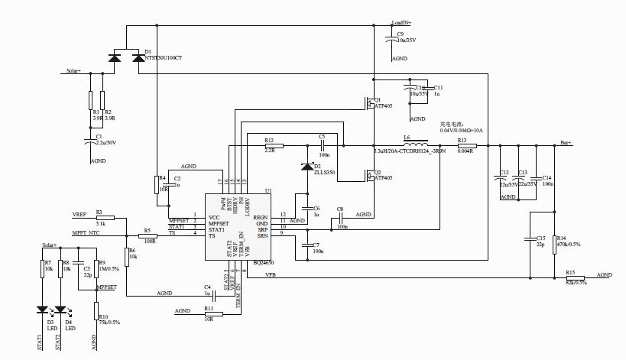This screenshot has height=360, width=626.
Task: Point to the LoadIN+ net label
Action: pyautogui.click(x=402, y=24)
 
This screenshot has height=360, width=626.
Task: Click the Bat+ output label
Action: pyautogui.click(x=566, y=143)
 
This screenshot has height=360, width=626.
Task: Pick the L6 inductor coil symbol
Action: pyautogui.click(x=414, y=144)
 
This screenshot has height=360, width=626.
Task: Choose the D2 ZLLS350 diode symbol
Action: pyautogui.click(x=307, y=167)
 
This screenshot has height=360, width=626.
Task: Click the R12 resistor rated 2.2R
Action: pyautogui.click(x=268, y=145)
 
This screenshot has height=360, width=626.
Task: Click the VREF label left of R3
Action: pyautogui.click(x=79, y=214)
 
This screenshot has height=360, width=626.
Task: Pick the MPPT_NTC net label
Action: pyautogui.click(x=86, y=232)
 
